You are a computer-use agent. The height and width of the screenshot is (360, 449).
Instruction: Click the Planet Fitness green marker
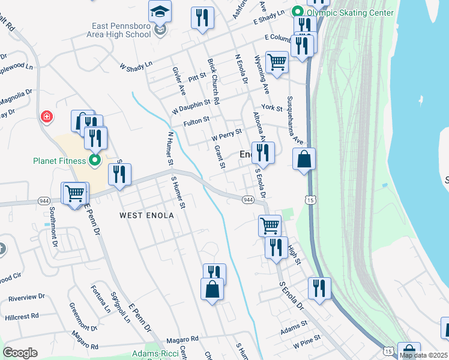94,160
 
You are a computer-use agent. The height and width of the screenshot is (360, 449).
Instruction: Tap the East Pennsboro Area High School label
122,31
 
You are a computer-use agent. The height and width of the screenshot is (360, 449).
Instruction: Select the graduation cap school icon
160,11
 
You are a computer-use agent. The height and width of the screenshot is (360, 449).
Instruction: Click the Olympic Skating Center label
351,11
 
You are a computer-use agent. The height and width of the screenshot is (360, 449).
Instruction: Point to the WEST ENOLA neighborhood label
146,215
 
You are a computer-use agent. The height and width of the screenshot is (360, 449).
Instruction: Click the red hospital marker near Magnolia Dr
46,116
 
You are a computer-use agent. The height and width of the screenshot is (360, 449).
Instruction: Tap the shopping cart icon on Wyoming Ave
276,62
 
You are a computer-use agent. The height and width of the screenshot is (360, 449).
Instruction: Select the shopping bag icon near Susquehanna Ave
304,159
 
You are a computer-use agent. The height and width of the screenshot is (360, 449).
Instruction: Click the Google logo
20,353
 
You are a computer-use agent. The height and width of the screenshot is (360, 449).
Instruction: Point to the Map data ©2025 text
423,355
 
